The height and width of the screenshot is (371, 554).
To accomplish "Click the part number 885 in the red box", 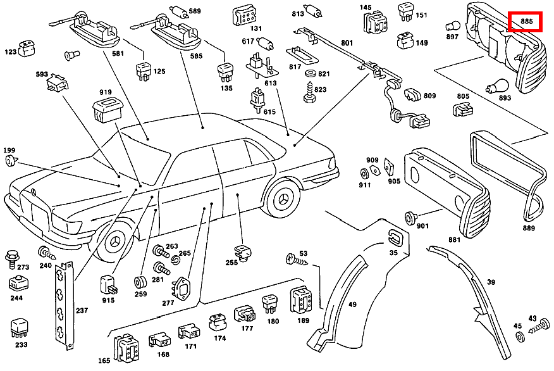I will coord(526,22).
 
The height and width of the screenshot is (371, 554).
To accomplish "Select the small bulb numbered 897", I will coord(452,26).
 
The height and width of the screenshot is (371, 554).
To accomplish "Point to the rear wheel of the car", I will coord(283,201).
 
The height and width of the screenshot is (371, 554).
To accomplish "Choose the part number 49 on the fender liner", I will coord(352,305).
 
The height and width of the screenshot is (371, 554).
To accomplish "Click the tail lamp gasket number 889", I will coord(529,227).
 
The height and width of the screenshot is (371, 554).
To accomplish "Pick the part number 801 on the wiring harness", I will coord(347,43).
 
